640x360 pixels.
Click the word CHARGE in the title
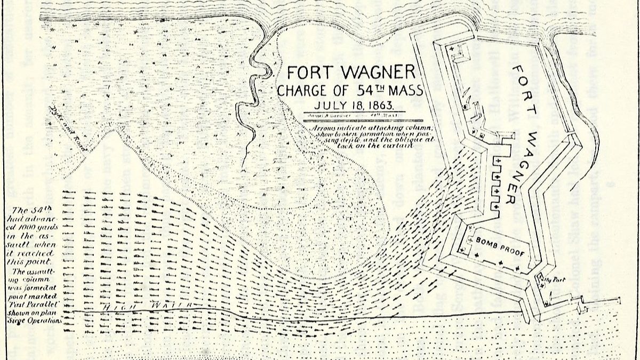[302, 90]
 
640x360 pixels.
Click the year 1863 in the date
[383, 105]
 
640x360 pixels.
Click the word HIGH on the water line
[117, 308]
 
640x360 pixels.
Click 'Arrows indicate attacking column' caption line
[372, 129]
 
